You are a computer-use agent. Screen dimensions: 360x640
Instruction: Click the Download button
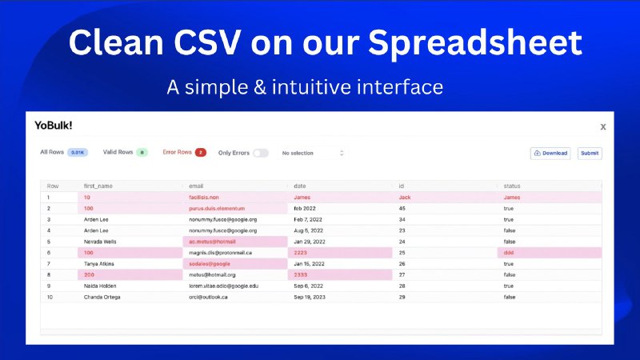550,153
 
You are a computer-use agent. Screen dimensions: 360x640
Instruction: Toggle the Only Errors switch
261,153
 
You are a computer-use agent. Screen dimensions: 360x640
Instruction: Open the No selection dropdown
312,153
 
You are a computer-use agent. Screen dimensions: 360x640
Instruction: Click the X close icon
602,126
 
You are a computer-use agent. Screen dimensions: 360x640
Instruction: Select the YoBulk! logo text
54,125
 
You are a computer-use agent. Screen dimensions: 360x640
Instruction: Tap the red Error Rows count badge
200,152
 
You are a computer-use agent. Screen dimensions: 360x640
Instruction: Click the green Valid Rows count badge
142,152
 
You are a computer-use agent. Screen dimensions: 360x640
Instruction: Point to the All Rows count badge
78,152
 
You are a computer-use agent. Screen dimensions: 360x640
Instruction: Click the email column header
196,186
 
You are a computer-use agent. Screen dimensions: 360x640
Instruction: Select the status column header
514,186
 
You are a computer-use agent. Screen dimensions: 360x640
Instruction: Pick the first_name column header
100,186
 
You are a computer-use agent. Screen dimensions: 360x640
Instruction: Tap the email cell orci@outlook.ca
209,297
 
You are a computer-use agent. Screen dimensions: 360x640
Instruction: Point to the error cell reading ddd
509,252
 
